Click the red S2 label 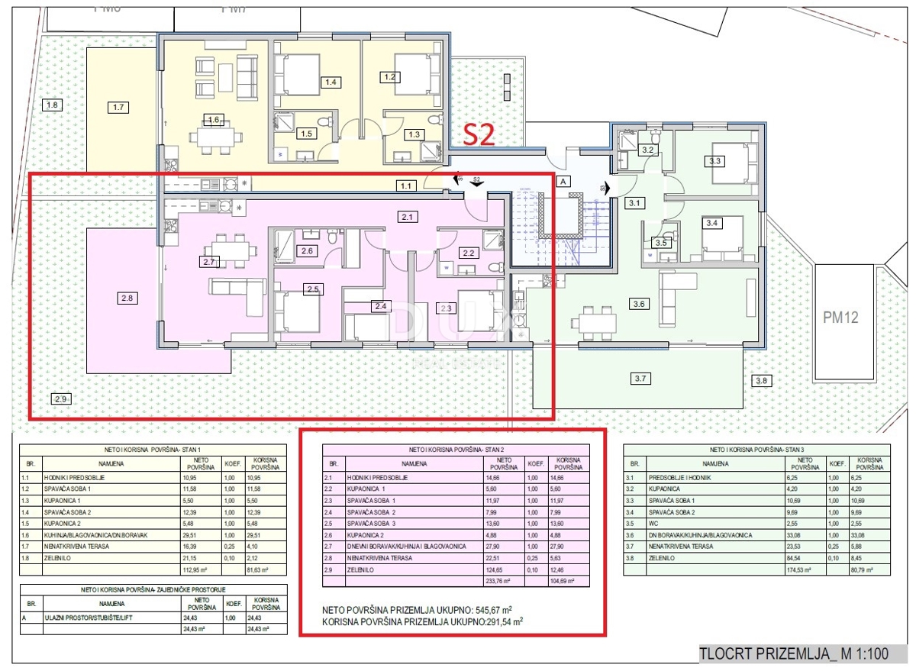click(x=481, y=135)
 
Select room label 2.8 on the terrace click(x=127, y=298)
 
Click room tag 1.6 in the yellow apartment click(x=213, y=119)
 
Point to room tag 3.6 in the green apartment click(x=639, y=303)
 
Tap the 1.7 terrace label click(x=118, y=107)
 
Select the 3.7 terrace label click(x=640, y=378)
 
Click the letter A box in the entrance click(x=564, y=182)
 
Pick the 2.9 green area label click(x=61, y=398)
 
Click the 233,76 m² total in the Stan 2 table click(x=498, y=580)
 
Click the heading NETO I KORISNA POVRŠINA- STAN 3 click(x=757, y=450)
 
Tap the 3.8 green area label click(x=762, y=380)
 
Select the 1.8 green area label click(x=52, y=105)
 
